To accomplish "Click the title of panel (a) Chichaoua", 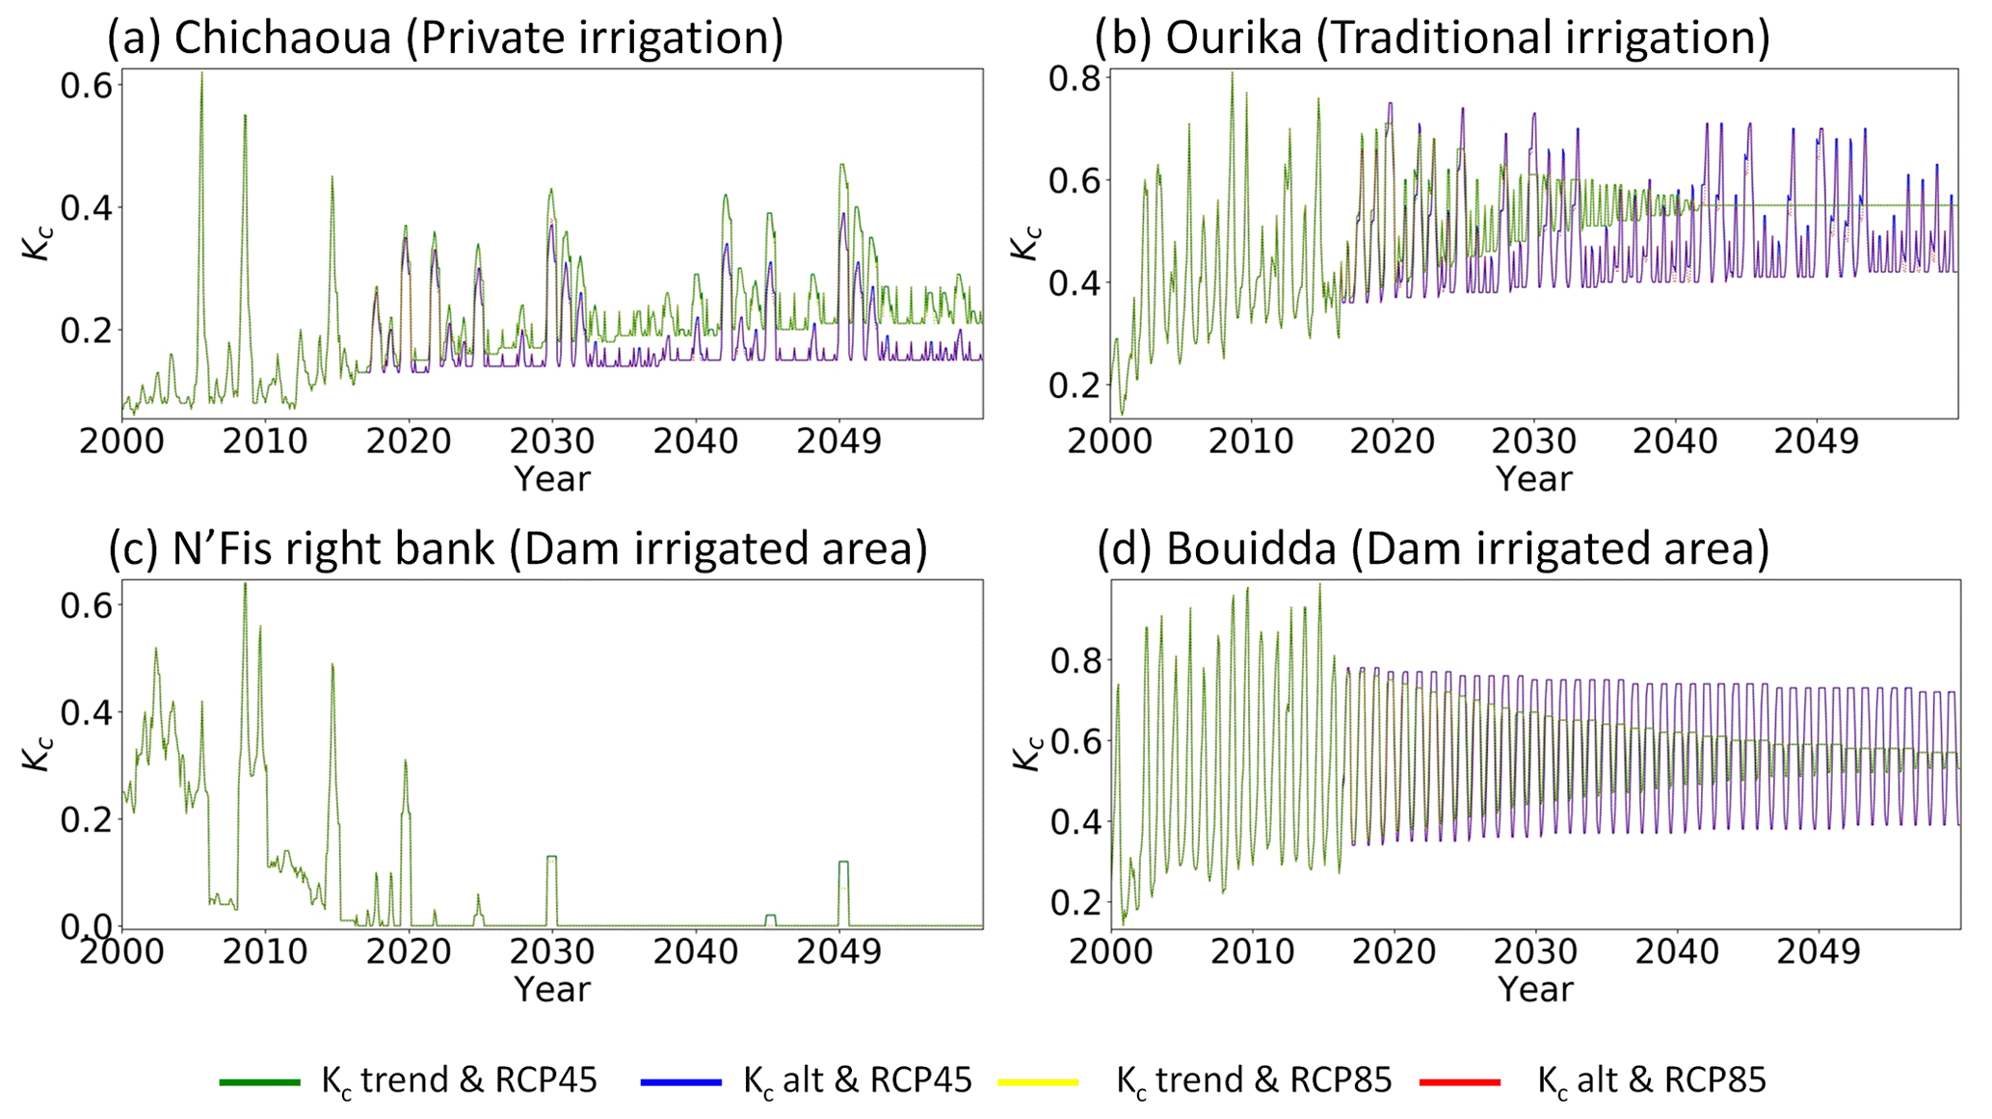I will [x=444, y=38].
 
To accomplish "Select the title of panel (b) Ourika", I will [x=1432, y=38].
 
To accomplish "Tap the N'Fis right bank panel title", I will [x=518, y=548].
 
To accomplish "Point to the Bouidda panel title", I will [x=1433, y=548].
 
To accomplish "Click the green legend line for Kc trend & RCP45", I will [x=259, y=1082].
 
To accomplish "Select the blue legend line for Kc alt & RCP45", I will [x=681, y=1082].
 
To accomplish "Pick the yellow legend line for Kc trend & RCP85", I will [x=1039, y=1082].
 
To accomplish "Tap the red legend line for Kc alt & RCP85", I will [x=1460, y=1082].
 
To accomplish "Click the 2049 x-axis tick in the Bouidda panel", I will [x=1818, y=951].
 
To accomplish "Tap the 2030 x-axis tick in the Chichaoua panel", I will [x=552, y=441].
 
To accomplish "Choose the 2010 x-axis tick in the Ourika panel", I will [x=1251, y=441].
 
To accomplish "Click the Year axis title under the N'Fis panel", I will [x=551, y=989].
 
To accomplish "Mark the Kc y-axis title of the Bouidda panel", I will [x=1028, y=753].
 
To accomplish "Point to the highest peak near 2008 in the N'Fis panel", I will [x=245, y=585].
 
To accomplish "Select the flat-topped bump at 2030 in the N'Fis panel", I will [x=552, y=857].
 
